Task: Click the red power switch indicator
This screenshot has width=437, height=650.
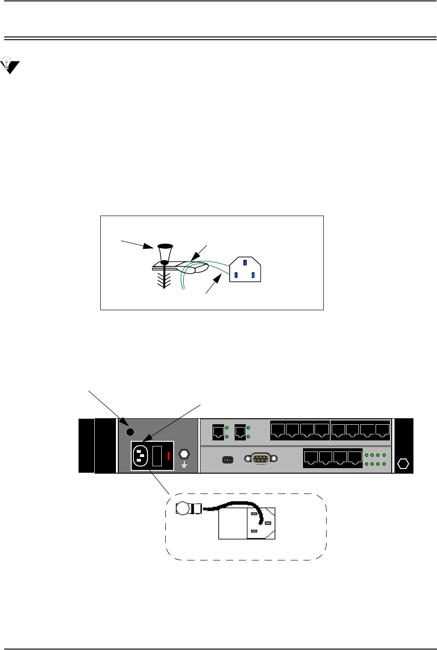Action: click(x=169, y=456)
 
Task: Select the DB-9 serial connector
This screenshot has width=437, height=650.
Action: click(x=261, y=459)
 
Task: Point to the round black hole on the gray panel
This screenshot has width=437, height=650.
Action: click(x=130, y=432)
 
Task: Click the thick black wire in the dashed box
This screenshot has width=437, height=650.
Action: click(x=231, y=505)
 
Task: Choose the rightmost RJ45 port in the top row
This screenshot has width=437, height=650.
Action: click(x=382, y=431)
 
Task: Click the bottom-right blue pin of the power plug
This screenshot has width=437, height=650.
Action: click(x=253, y=276)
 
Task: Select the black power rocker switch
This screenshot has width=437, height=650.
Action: click(x=157, y=456)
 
